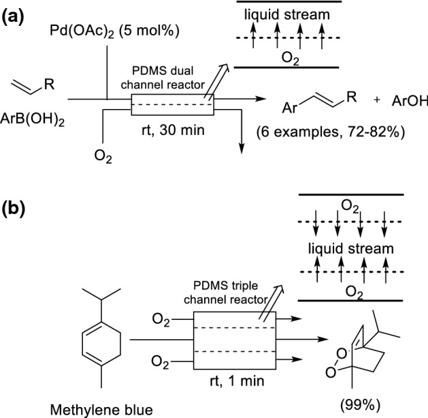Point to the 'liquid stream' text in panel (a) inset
coord(288,14)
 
